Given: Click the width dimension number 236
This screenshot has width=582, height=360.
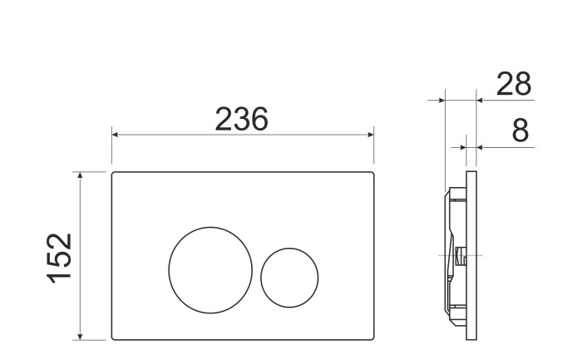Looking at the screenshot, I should click(x=242, y=120).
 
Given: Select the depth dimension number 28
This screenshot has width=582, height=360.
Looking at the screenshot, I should click(x=513, y=84).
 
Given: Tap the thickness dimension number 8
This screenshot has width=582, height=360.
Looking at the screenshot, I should click(x=520, y=131).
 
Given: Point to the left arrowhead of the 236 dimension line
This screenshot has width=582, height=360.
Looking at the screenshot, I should click(x=115, y=135).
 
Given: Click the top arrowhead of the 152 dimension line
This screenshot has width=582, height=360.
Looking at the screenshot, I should click(x=81, y=175).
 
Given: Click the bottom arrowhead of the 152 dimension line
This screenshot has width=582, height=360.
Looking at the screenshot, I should click(x=81, y=336).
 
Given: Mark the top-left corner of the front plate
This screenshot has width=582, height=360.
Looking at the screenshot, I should click(x=113, y=174).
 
